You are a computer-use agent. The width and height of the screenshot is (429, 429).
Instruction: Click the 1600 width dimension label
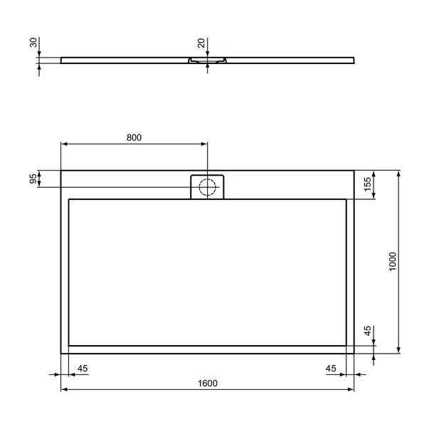pyautogui.click(x=208, y=383)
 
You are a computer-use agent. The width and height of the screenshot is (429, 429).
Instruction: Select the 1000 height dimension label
pyautogui.click(x=393, y=262)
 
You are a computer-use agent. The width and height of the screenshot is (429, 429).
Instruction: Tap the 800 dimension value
pyautogui.click(x=134, y=137)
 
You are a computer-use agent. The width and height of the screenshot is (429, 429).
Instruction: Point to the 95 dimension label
pyautogui.click(x=33, y=179)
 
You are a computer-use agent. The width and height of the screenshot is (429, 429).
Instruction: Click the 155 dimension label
pyautogui.click(x=368, y=184)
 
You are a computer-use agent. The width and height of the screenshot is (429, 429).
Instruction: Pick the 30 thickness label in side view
pyautogui.click(x=33, y=43)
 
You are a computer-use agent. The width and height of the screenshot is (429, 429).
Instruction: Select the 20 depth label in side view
pyautogui.click(x=201, y=43)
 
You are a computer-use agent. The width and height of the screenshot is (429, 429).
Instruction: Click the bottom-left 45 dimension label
pyautogui.click(x=83, y=369)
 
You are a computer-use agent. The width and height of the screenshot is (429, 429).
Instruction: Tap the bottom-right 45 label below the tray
pyautogui.click(x=331, y=369)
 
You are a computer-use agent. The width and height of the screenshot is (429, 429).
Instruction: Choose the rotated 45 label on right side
pyautogui.click(x=368, y=331)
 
